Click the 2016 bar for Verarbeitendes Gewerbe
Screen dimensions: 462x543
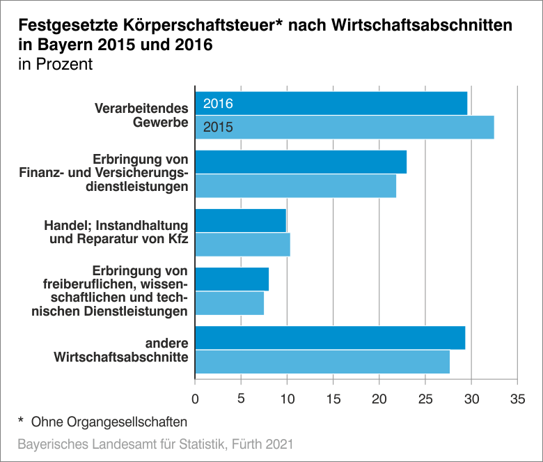pos(331,103)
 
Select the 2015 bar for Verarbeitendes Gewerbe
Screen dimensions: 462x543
pos(345,128)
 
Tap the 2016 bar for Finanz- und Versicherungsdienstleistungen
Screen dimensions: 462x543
pos(301,162)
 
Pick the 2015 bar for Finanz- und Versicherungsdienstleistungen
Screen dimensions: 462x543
pos(295,186)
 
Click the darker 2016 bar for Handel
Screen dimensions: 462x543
pos(240,220)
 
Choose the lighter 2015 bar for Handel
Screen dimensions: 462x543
pos(242,245)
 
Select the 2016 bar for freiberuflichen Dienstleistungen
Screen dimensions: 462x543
pos(232,279)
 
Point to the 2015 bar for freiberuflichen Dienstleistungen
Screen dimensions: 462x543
pos(229,303)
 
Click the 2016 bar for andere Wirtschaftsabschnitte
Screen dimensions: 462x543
pos(330,337)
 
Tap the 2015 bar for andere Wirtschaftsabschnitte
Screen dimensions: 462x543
pos(322,362)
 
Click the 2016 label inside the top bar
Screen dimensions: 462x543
pos(217,104)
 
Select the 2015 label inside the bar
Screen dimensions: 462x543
pos(217,128)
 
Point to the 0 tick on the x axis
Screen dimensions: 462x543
pos(195,399)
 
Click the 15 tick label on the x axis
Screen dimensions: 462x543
pos(333,399)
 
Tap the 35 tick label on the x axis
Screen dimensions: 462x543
pos(517,399)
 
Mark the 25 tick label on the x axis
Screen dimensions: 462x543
pos(425,399)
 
